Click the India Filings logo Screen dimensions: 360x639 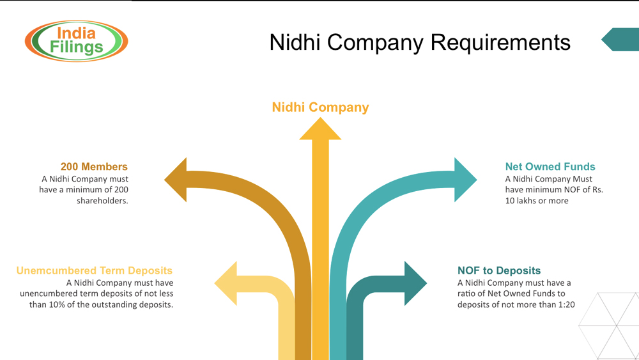pyautogui.click(x=77, y=40)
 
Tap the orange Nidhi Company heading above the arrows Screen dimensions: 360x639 pyautogui.click(x=320, y=107)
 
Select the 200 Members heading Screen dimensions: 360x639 pyautogui.click(x=94, y=167)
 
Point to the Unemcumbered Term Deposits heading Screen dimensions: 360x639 pyautogui.click(x=95, y=270)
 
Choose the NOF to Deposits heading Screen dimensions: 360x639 pyautogui.click(x=499, y=270)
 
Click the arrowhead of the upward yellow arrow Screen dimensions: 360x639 pyautogui.click(x=320, y=127)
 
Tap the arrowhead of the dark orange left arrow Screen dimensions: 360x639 pyautogui.click(x=176, y=180)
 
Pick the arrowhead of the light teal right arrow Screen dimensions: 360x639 pyautogui.click(x=465, y=180)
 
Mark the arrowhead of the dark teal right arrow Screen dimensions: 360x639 pyautogui.click(x=415, y=283)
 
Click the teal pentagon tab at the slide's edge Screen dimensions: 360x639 pyautogui.click(x=619, y=40)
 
